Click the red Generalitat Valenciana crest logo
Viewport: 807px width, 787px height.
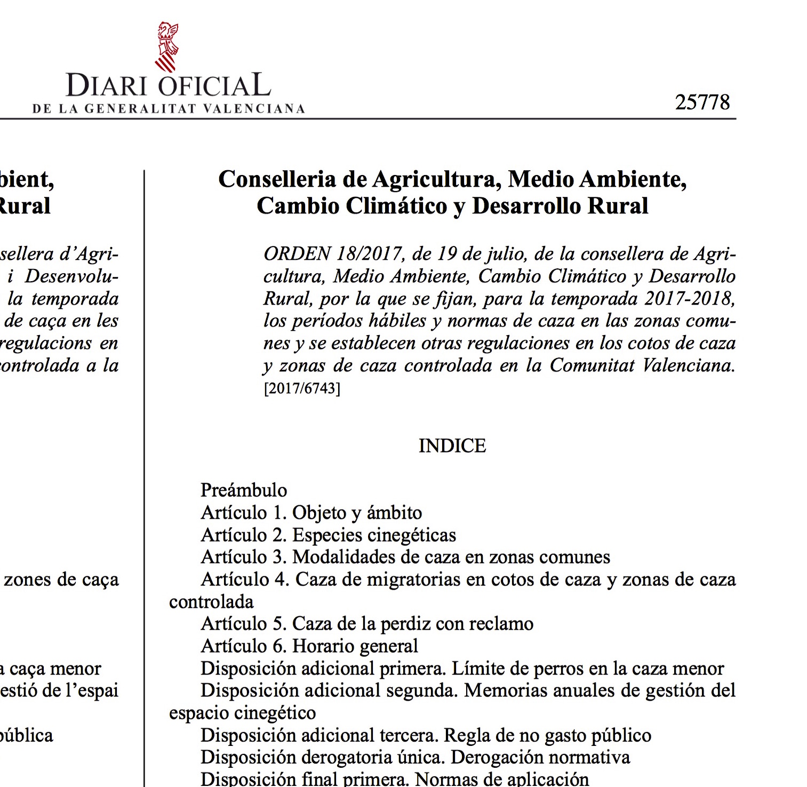click(167, 47)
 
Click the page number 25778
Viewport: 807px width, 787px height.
click(702, 102)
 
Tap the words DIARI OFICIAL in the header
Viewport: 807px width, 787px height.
click(168, 86)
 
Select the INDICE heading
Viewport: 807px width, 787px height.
click(452, 446)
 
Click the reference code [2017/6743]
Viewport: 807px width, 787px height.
click(302, 388)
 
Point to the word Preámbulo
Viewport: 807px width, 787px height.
click(244, 490)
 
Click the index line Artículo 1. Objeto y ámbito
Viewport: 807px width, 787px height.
click(311, 513)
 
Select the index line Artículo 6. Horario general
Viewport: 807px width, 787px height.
click(309, 646)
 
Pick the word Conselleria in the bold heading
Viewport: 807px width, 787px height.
click(277, 179)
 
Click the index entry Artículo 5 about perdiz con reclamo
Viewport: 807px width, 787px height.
click(367, 624)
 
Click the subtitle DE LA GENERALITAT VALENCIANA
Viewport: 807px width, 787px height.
click(169, 109)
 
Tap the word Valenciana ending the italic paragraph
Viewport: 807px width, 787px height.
click(688, 365)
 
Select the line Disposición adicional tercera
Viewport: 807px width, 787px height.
click(426, 735)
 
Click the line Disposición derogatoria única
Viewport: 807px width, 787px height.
click(415, 757)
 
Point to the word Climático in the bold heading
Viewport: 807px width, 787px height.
click(397, 206)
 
